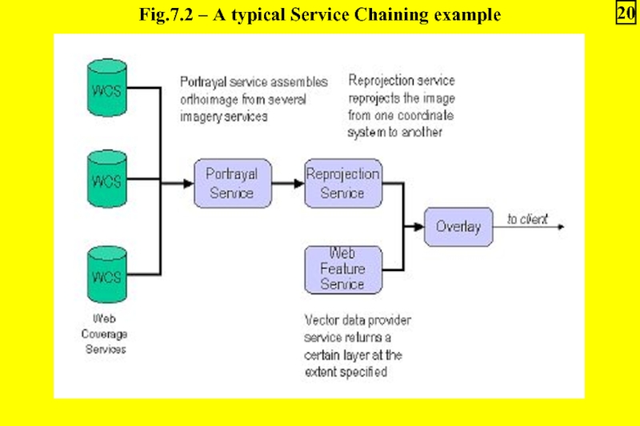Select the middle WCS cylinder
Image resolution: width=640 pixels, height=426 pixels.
click(x=106, y=181)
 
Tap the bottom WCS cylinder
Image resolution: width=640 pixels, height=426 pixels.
click(x=106, y=275)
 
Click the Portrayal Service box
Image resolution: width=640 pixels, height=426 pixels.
click(x=232, y=183)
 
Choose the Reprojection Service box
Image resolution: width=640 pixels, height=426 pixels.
click(x=343, y=183)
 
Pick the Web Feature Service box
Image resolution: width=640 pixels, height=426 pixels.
click(x=343, y=269)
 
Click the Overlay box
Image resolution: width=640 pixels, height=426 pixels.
click(x=458, y=227)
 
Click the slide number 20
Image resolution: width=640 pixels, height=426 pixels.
click(x=624, y=14)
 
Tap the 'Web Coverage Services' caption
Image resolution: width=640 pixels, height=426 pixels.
click(x=106, y=334)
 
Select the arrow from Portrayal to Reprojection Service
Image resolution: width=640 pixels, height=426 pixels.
click(x=286, y=183)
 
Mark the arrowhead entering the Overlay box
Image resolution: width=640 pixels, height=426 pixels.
click(x=418, y=227)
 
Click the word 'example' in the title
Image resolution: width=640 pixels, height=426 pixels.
click(x=470, y=15)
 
